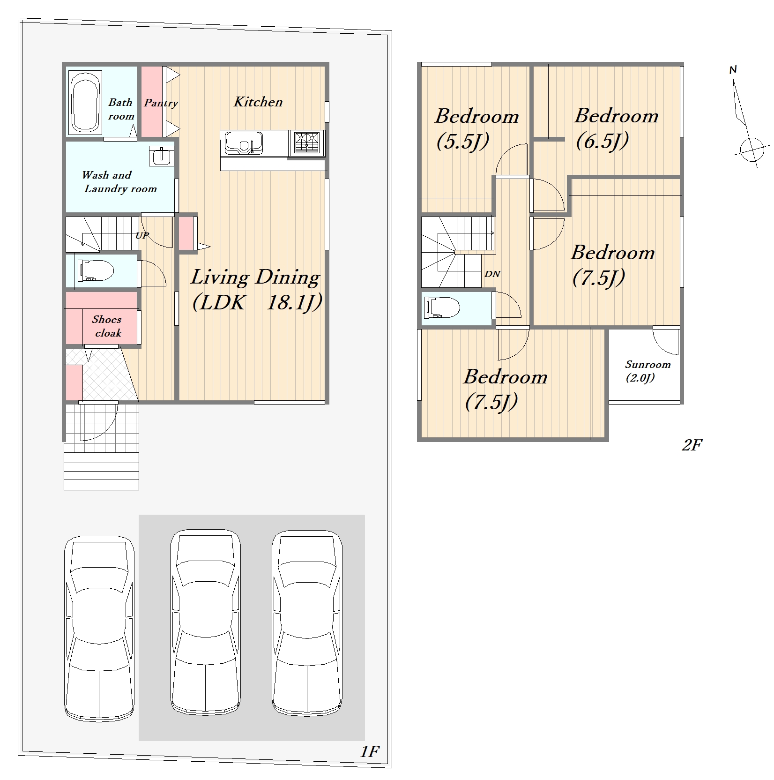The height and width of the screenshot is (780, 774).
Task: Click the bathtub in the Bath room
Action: coord(85,102)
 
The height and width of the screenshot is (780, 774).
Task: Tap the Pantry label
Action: coord(161,103)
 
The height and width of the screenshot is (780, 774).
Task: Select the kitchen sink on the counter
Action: coord(243,142)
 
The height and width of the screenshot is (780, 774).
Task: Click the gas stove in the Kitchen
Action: coord(307,143)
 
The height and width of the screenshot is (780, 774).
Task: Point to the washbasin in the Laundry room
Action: coord(161,156)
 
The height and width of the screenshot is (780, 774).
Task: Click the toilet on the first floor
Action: coord(96,270)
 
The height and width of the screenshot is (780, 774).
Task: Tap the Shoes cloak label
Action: coord(107,326)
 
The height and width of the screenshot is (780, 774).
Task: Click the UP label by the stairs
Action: coord(142,235)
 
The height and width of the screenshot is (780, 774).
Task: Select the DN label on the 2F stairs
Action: coord(492,274)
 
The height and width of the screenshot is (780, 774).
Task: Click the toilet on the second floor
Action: coord(442,308)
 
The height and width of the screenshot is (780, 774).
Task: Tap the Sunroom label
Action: coord(647,364)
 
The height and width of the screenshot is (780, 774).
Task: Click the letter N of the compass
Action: coord(733,70)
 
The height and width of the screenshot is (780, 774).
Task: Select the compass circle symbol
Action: coord(752,150)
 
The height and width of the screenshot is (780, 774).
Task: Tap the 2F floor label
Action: coord(692,444)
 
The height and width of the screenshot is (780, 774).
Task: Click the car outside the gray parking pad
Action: coord(99,628)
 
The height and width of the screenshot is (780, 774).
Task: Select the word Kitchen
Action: coord(258,102)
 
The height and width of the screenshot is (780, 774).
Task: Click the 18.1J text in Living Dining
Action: coord(294,303)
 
